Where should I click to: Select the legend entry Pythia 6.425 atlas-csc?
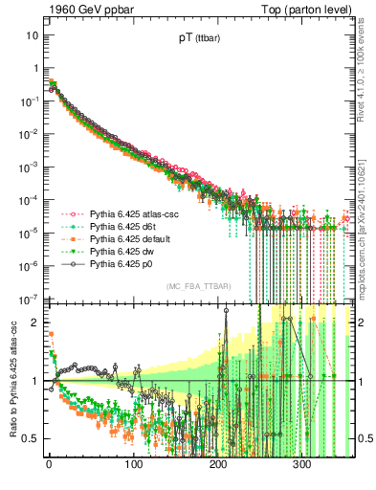pos(130,216)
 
